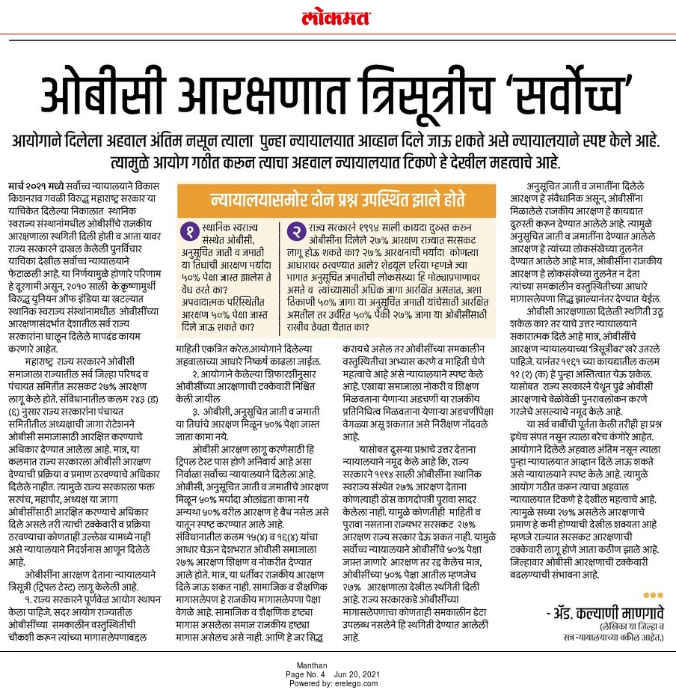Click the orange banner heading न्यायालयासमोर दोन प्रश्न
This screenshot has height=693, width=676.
click(x=336, y=201)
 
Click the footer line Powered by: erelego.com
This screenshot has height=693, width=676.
click(x=338, y=683)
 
